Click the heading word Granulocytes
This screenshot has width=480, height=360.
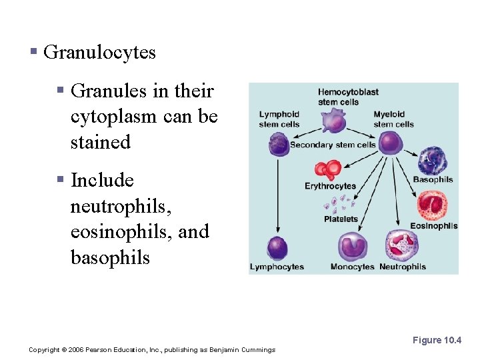coord(99,53)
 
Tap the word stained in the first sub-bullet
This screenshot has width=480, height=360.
coord(101,142)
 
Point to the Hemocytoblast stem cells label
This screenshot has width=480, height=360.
coord(348,97)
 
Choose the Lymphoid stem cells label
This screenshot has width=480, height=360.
coord(279,119)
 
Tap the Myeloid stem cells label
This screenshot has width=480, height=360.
coord(393,119)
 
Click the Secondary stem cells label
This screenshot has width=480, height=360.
coord(333,145)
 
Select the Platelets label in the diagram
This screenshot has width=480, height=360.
coord(341,219)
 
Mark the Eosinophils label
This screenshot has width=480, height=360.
coord(433,226)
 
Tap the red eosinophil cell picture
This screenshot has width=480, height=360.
coord(432,205)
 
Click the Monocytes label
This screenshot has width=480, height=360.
coord(352,267)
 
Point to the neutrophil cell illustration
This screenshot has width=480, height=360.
coord(402,246)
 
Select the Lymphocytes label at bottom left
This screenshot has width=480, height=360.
coord(277,267)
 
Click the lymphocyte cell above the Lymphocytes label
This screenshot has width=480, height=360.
coord(277,248)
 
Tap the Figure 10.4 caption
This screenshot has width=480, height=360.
coord(437,340)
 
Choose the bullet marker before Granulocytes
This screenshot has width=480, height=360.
coord(33,52)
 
